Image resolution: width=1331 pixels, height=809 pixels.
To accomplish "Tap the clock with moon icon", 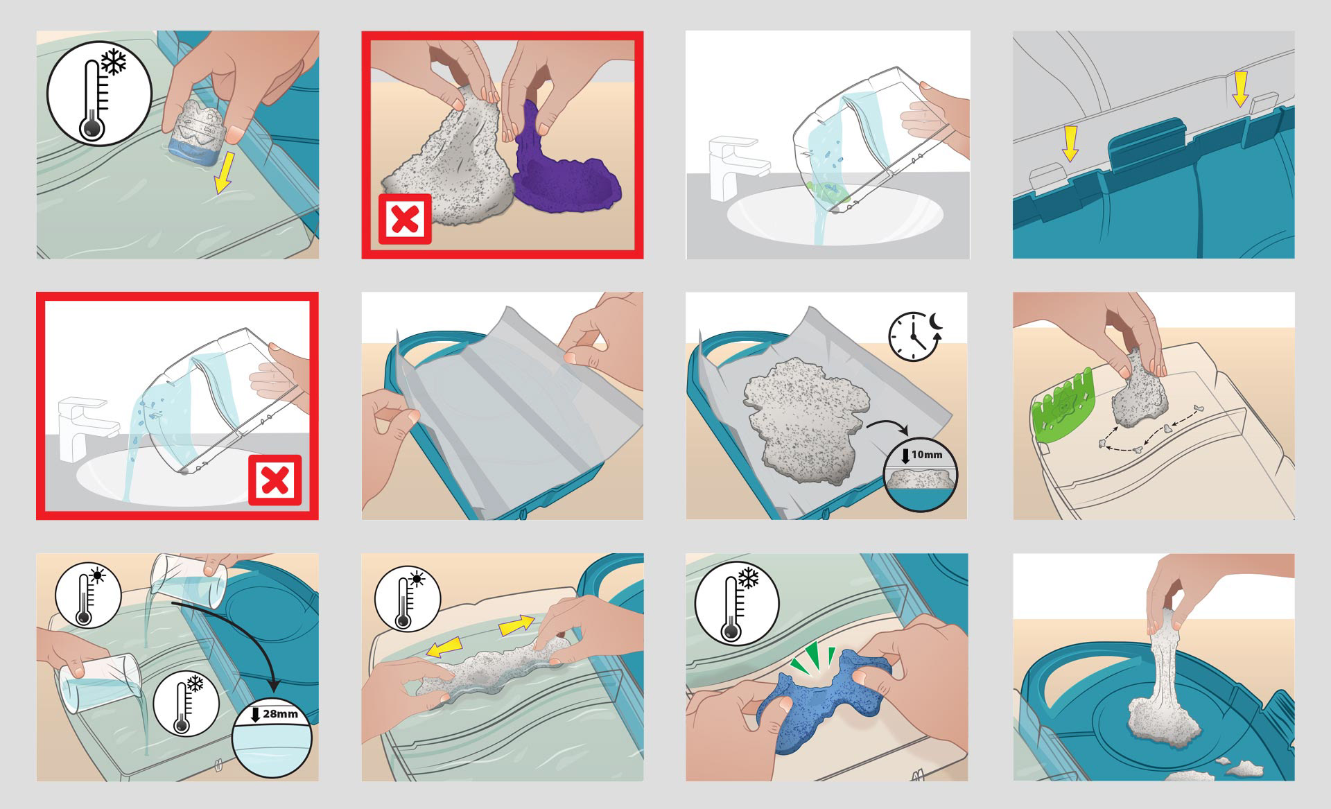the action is (x=914, y=336).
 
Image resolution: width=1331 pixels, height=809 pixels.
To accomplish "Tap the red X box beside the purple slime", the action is (x=405, y=219).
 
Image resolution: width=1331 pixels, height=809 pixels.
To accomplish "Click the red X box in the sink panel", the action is (x=275, y=480).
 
